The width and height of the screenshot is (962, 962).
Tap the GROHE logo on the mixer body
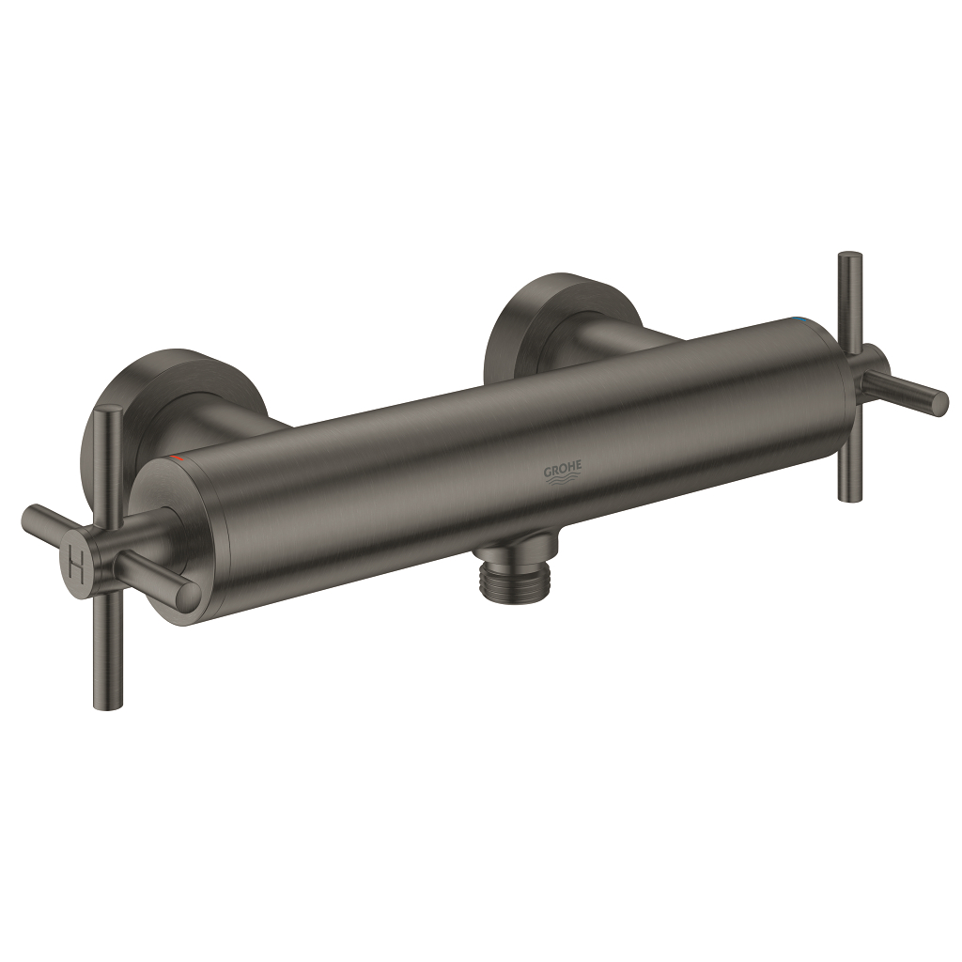563,469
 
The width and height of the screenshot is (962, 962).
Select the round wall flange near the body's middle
545,310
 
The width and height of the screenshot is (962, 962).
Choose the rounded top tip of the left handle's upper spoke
111,411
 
